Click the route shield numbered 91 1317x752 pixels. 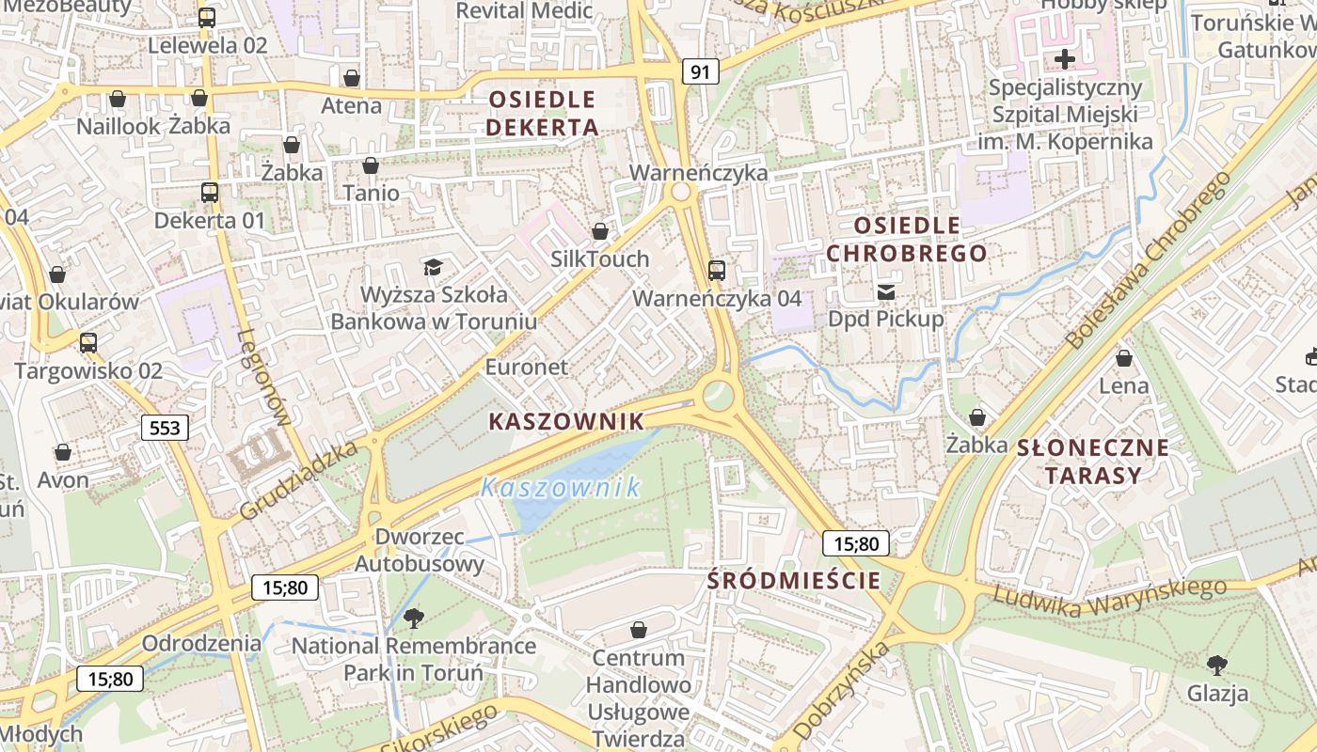point(700,71)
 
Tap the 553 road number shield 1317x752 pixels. point(165,429)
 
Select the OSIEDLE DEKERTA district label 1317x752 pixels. point(543,113)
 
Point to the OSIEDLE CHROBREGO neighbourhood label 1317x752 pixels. point(907,239)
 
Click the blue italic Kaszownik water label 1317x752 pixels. point(561,487)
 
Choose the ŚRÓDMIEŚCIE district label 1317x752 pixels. point(794,580)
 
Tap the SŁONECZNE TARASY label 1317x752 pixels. point(1093,461)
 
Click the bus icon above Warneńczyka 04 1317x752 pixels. point(717,271)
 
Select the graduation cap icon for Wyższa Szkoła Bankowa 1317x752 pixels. point(433,268)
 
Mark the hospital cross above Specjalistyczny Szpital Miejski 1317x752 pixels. point(1065,60)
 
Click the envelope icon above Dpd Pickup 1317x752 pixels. point(886,292)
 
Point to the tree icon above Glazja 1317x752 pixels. point(1217,666)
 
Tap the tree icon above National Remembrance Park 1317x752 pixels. point(413,618)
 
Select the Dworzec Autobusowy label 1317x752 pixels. point(420,550)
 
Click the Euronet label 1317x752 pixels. point(527,367)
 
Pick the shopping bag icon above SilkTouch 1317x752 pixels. point(600,231)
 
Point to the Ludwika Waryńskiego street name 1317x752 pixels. point(1110,596)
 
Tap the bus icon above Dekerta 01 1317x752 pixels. point(210,193)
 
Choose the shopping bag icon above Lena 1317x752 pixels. point(1123,358)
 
